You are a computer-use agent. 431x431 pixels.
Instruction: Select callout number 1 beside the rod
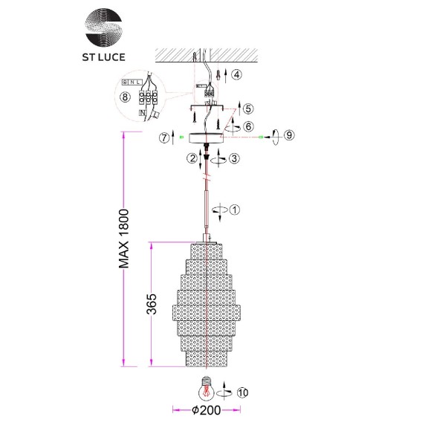[x=236, y=210]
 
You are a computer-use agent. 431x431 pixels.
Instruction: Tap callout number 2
[x=192, y=158]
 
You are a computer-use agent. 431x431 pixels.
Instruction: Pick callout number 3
[x=234, y=158]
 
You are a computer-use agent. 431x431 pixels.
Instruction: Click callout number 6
[x=247, y=127]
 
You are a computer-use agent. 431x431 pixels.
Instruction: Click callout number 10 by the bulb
[x=244, y=394]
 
